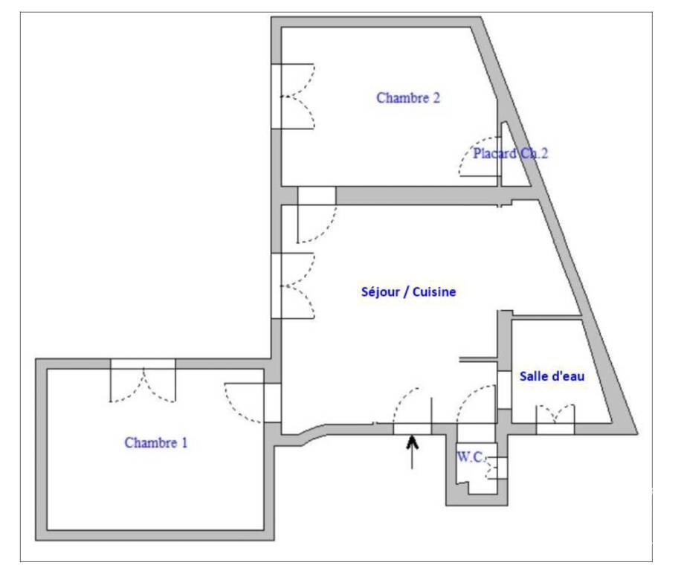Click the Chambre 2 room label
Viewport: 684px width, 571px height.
(x=408, y=97)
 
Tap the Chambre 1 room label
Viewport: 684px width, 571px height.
(x=155, y=443)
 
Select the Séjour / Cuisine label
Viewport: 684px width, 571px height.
(x=408, y=292)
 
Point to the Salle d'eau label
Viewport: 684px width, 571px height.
(x=552, y=376)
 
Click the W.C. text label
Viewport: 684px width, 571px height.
(x=470, y=457)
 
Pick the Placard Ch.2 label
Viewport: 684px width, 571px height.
(x=510, y=154)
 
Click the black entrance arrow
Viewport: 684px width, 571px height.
(x=412, y=452)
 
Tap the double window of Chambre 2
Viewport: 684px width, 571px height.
(x=276, y=97)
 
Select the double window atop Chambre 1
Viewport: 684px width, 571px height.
(x=143, y=364)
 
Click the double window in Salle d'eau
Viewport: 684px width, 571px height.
(x=555, y=429)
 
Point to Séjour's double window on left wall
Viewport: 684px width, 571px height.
(x=276, y=285)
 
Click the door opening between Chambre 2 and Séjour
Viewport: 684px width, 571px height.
(x=317, y=196)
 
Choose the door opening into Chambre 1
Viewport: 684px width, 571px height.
(x=273, y=403)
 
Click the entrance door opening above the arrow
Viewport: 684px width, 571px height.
(x=413, y=429)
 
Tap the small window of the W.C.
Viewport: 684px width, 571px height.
(x=503, y=468)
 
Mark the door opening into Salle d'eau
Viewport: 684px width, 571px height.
(x=504, y=390)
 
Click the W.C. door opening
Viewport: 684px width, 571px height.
(x=477, y=429)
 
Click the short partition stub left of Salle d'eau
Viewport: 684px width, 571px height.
(x=479, y=360)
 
